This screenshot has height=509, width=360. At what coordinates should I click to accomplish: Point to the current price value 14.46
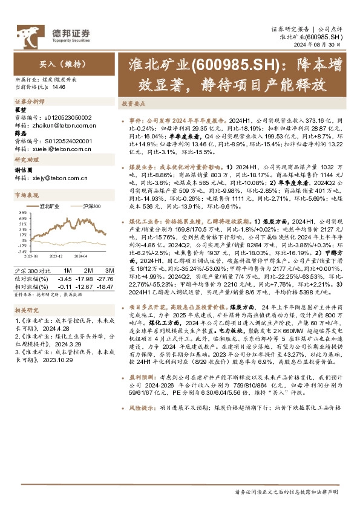(59, 87)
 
